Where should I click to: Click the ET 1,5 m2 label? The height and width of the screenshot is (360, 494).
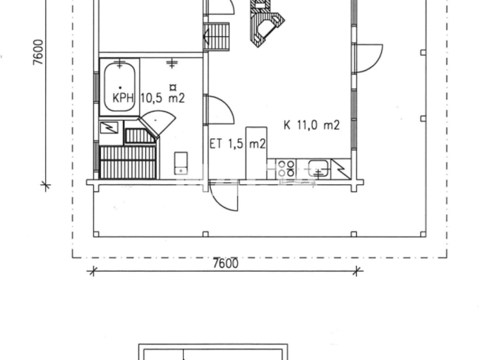[237, 144]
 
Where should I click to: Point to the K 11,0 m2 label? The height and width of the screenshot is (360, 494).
[312, 125]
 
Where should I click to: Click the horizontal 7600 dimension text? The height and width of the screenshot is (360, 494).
[224, 264]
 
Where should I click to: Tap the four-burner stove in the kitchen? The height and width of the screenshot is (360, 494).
[287, 168]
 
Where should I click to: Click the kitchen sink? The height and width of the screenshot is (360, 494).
[318, 168]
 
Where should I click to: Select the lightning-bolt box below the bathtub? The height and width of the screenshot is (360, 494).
[110, 127]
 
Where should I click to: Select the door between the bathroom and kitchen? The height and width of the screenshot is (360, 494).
[219, 109]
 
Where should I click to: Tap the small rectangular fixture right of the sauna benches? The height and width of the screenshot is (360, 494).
[182, 163]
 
